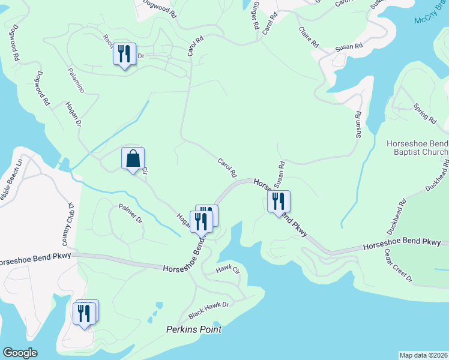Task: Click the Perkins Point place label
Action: click(194, 329)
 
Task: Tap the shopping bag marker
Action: click(133, 160)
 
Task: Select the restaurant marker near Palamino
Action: click(124, 55)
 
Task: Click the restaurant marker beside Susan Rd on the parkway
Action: click(279, 202)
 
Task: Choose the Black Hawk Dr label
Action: click(208, 310)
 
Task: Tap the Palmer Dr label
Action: click(131, 215)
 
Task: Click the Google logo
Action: click(19, 353)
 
